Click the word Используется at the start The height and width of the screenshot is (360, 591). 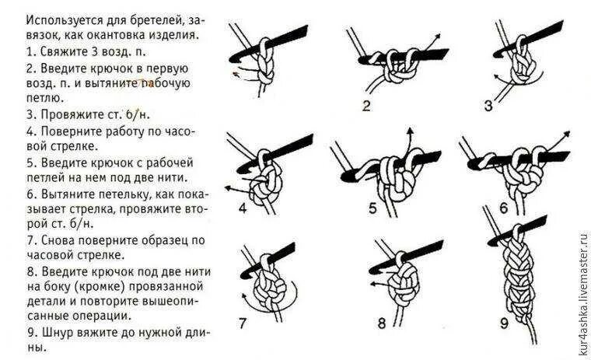(56, 19)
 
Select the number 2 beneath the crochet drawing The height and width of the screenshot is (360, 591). (365, 103)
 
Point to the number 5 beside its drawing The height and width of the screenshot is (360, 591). (372, 208)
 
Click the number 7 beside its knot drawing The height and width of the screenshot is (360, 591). (243, 321)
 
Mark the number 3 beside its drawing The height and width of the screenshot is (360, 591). (488, 105)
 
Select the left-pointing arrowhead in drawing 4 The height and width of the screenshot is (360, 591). (226, 187)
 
